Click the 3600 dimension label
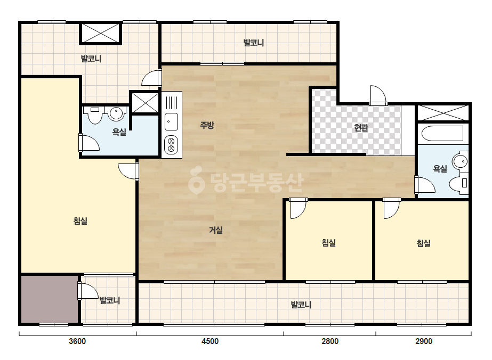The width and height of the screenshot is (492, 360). [77, 341]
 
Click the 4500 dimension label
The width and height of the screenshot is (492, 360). [210, 341]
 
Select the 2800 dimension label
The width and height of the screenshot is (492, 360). [330, 341]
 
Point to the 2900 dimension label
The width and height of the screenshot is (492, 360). [424, 341]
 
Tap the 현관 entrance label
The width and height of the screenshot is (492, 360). [361, 128]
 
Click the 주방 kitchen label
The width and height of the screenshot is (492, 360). [207, 125]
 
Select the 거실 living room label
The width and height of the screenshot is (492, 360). [216, 230]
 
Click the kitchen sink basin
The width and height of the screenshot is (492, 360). [171, 121]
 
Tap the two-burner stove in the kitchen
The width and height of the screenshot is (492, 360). [171, 145]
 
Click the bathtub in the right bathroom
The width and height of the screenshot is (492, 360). [442, 134]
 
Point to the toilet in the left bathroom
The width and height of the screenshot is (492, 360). [94, 115]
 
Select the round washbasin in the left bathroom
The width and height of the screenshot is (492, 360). [116, 114]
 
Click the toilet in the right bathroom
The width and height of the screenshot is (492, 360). [459, 184]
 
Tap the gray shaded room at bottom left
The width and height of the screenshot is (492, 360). [49, 299]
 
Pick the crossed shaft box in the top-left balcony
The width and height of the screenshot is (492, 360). [101, 33]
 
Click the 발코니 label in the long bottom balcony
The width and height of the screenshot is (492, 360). [301, 305]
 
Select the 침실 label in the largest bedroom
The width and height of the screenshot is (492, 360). [80, 221]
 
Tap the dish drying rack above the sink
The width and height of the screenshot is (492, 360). [171, 102]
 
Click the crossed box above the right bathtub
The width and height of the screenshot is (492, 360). [442, 113]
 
